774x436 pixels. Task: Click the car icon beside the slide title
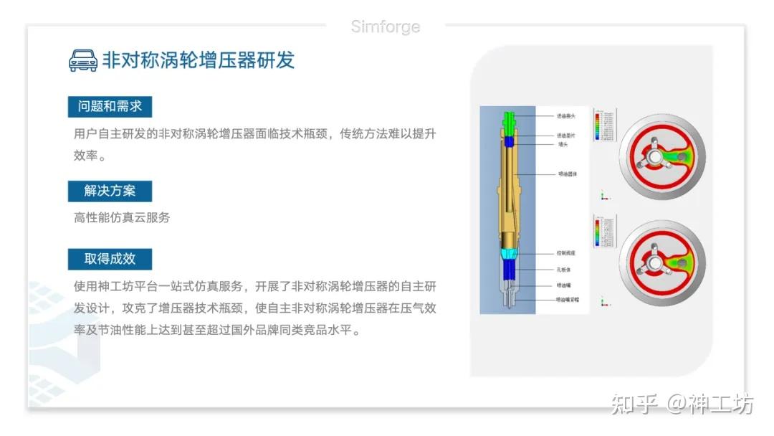pos(83,60)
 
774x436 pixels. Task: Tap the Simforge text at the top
pos(386,27)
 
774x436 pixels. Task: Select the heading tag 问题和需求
pos(110,107)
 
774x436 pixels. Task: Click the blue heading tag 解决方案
pos(110,191)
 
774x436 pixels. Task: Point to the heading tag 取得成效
pos(110,259)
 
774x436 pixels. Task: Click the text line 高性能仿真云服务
pos(122,217)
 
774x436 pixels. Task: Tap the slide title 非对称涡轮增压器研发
pos(199,60)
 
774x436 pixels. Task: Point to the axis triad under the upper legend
pos(603,195)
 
